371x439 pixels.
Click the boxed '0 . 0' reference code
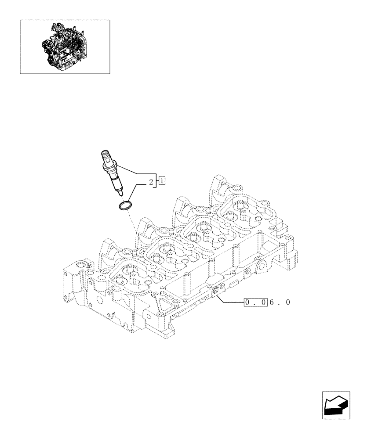click(x=255, y=302)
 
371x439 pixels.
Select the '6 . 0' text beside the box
click(x=280, y=302)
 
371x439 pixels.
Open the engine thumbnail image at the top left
click(x=65, y=47)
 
